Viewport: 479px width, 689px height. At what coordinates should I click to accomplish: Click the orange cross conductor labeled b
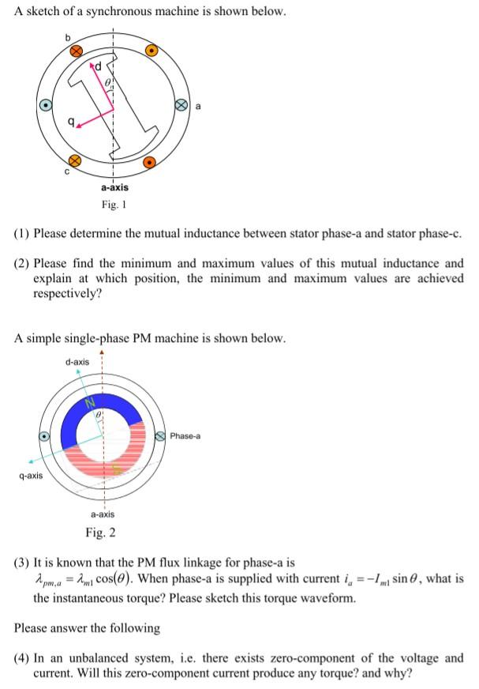[x=77, y=51]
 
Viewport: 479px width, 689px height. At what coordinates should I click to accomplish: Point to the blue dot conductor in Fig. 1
[x=47, y=104]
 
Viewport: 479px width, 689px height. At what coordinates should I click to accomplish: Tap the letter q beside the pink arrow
[x=72, y=122]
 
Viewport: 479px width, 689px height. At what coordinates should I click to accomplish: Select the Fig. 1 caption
[x=114, y=205]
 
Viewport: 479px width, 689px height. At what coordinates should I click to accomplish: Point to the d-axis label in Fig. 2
[x=77, y=362]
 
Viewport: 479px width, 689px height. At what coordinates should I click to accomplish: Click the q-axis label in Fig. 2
[x=28, y=476]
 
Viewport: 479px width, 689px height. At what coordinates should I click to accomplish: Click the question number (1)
[x=24, y=235]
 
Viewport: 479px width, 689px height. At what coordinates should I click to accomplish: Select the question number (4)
[x=24, y=657]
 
